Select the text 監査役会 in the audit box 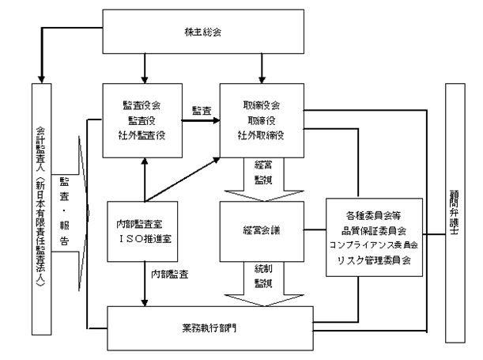pos(145,104)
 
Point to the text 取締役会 pos(262,104)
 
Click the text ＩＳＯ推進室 pos(144,241)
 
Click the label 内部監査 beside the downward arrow pos(171,275)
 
